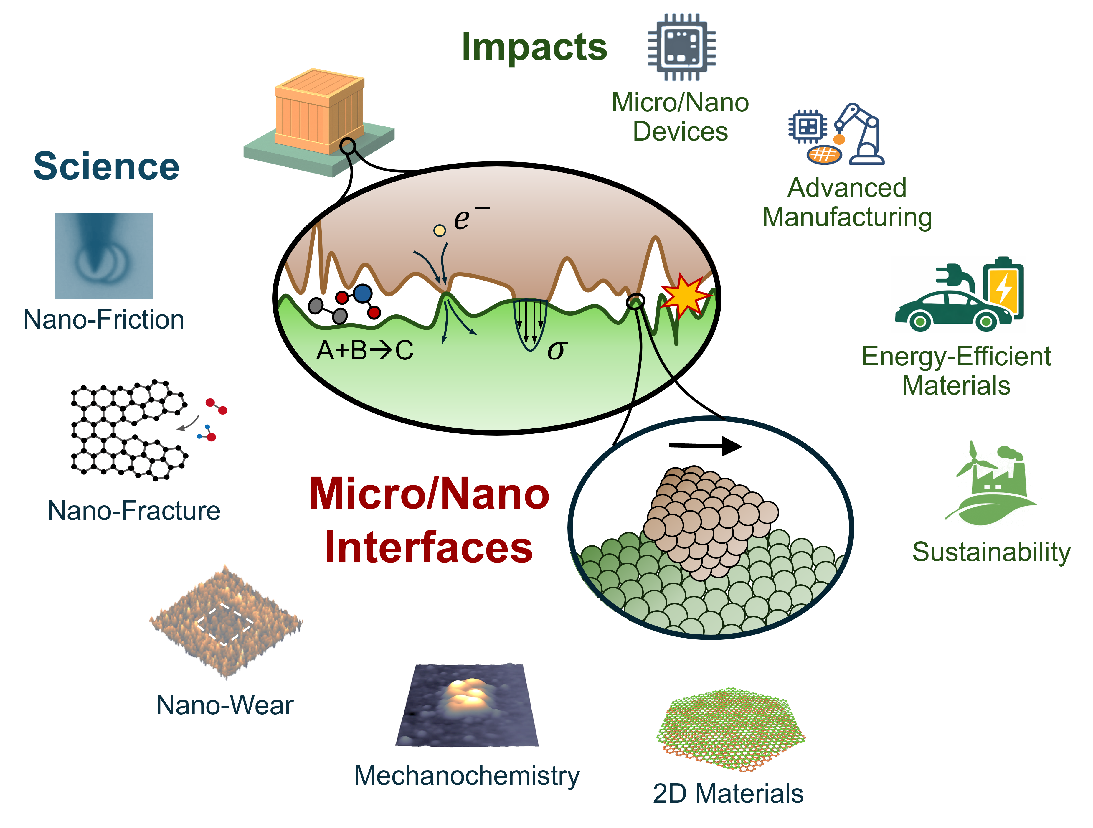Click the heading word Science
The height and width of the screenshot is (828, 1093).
point(106,166)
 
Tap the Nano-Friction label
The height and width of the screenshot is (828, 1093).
point(104,319)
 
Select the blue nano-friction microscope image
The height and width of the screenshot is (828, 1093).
point(104,255)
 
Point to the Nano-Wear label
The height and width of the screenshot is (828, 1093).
point(225,705)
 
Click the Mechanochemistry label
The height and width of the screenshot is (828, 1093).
point(467,776)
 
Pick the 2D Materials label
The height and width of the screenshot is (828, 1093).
point(728,794)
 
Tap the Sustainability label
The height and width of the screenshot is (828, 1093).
point(991,552)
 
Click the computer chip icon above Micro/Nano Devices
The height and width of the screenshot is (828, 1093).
point(682,47)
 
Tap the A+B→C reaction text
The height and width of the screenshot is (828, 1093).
point(365,350)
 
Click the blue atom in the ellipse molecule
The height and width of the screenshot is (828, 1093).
point(363,293)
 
